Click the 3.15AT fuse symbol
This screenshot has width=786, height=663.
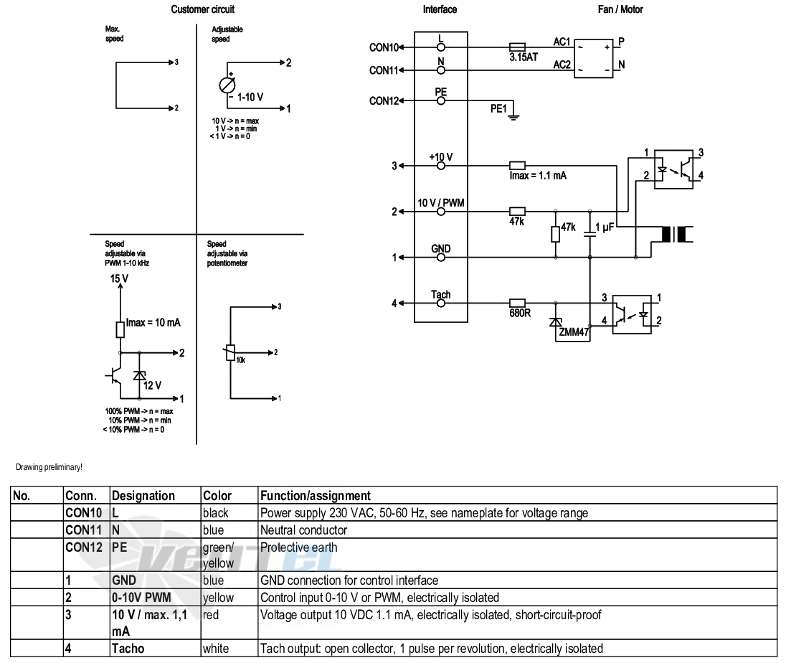tap(517, 47)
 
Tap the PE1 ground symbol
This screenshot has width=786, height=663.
tap(513, 117)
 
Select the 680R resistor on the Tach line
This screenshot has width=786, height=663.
tap(517, 303)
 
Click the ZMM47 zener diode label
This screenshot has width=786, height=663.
tap(574, 332)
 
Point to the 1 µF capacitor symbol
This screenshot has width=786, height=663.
tap(590, 235)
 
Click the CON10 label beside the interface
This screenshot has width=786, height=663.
tap(384, 47)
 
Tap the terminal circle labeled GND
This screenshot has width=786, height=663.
tap(441, 258)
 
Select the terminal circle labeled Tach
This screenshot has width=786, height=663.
tap(441, 303)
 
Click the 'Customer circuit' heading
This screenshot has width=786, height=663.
tap(202, 9)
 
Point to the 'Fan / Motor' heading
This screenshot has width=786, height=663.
tap(620, 9)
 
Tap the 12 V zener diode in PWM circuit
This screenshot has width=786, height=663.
tap(139, 375)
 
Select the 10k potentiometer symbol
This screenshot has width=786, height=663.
tap(230, 352)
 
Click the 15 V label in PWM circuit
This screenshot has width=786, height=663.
tap(119, 278)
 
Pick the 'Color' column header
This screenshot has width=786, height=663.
tap(217, 496)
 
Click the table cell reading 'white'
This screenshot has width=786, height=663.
tap(216, 649)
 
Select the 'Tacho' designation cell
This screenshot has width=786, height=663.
tap(128, 649)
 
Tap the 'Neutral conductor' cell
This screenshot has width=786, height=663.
tap(303, 530)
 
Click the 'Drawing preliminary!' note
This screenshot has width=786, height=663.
tap(49, 467)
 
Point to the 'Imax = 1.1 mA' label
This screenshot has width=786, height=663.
tap(538, 176)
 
